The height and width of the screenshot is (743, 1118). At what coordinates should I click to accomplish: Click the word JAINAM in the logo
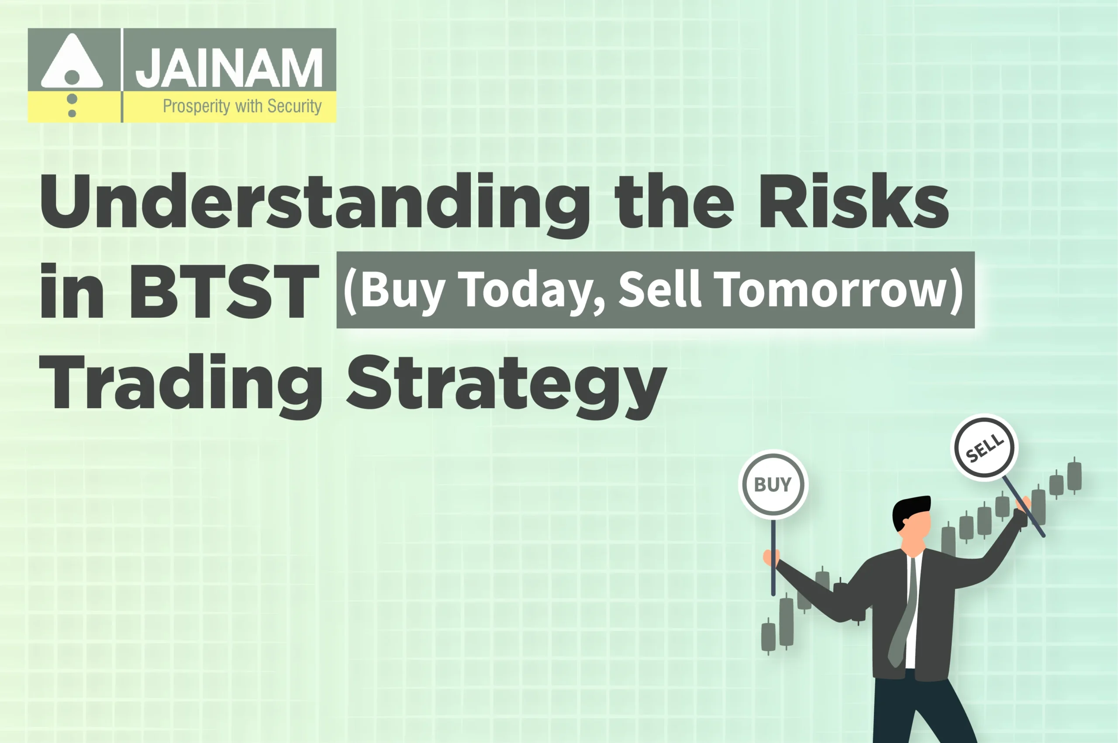click(228, 68)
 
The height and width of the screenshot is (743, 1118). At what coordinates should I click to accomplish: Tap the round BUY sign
click(773, 484)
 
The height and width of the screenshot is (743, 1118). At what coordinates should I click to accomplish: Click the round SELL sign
click(984, 447)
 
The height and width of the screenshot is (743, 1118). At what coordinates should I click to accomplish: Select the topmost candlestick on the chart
click(1074, 476)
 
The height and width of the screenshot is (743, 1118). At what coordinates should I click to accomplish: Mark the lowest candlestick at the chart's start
click(768, 636)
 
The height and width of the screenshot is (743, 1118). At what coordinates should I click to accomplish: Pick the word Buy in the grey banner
click(402, 290)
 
